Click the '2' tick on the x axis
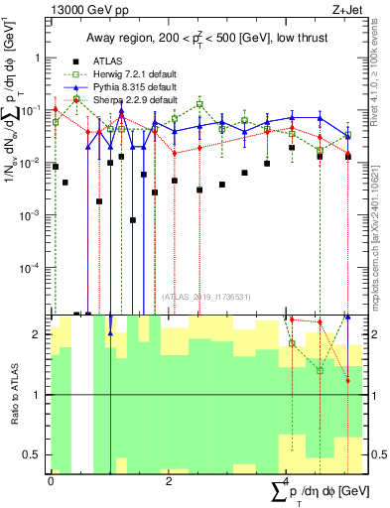(x=169, y=479)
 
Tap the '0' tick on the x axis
(x=51, y=479)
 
